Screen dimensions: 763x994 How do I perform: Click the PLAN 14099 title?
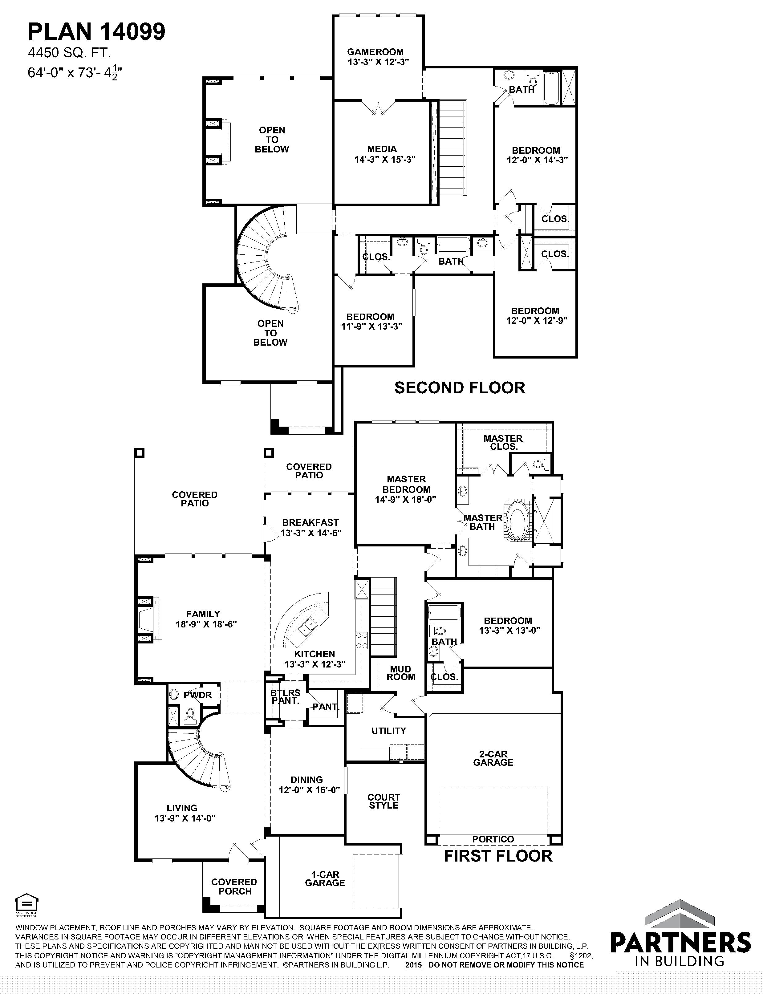coord(97,32)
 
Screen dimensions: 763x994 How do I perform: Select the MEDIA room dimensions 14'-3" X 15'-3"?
coord(385,159)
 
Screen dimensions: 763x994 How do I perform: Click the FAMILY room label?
coord(203,614)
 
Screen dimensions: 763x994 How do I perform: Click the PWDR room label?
coord(197,695)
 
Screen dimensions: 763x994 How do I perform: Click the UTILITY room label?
coord(389,731)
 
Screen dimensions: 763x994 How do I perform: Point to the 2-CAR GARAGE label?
coord(493,758)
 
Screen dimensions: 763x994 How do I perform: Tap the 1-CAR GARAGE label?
coord(325,879)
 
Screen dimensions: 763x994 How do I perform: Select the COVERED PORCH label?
coord(234,886)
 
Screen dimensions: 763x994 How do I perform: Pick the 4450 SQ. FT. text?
coord(70,53)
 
